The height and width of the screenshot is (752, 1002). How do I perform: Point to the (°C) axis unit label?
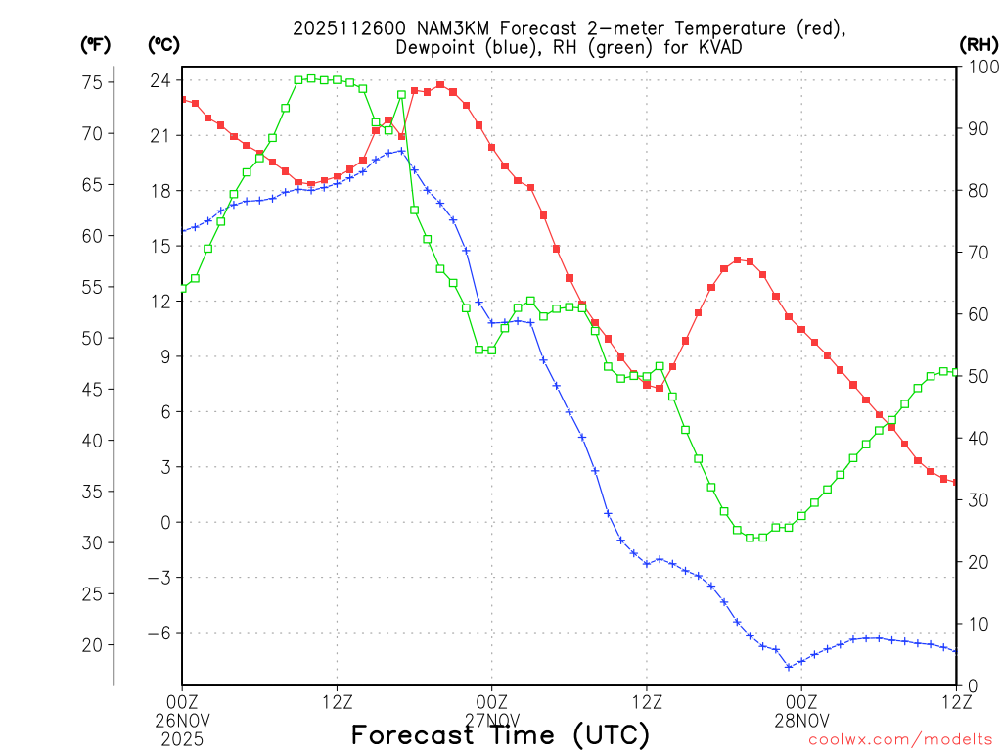[x=164, y=44]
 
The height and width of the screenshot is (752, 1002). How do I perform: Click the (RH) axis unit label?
[x=978, y=44]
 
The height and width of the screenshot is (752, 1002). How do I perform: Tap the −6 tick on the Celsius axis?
[x=158, y=633]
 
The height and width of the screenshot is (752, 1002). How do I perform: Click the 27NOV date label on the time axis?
[x=491, y=718]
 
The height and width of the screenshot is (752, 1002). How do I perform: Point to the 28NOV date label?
[x=801, y=718]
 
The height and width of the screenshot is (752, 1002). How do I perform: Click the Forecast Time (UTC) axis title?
[x=500, y=734]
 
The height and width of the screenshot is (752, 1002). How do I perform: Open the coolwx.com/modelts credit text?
[x=900, y=739]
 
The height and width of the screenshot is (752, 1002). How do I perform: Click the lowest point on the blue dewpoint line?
[x=789, y=667]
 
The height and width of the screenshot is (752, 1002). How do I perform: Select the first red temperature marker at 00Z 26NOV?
[x=183, y=99]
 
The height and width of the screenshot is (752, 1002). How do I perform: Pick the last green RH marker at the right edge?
[x=956, y=372]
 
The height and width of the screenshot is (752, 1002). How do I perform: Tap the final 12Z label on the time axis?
[x=956, y=700]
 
